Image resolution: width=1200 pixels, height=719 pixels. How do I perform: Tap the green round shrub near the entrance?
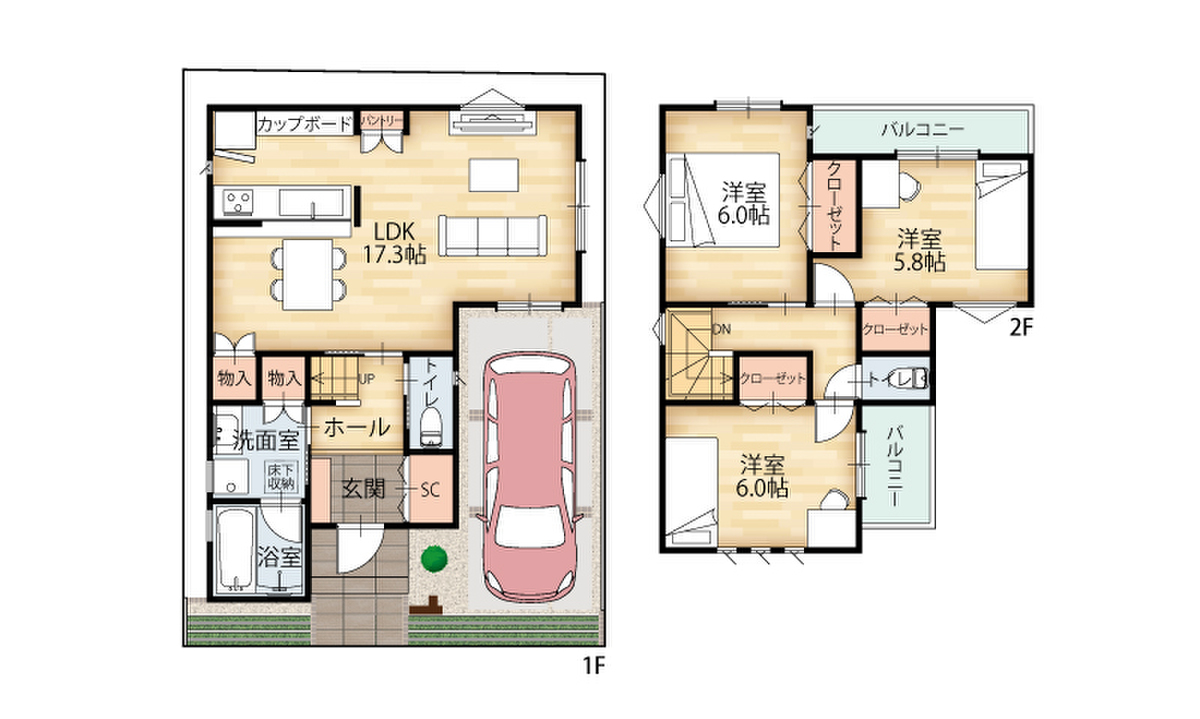point(434,559)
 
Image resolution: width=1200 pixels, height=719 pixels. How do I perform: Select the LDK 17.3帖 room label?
point(395,244)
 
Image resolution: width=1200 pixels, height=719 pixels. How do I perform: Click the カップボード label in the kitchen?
point(304,125)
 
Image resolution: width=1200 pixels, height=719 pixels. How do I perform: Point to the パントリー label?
point(381,121)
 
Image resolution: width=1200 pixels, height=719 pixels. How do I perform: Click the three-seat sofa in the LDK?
point(493,236)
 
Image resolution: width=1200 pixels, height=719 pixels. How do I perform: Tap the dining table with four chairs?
point(308,274)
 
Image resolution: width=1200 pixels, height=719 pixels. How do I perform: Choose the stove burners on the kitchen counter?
point(238,203)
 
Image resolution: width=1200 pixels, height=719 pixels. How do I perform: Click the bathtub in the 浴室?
point(236,549)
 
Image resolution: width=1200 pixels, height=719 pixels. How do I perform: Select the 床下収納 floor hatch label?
point(281,477)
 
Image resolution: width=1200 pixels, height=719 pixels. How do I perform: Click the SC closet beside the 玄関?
point(430,489)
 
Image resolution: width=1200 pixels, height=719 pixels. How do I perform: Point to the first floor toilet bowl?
point(430,427)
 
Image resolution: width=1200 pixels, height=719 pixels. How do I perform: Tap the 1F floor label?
point(594,666)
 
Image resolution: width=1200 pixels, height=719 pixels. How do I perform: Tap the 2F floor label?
point(1021,327)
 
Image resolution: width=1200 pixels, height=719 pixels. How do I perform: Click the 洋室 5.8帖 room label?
point(919,250)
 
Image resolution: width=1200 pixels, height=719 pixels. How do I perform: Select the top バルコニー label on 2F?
point(923,130)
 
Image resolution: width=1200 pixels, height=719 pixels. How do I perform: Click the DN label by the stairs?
point(722,329)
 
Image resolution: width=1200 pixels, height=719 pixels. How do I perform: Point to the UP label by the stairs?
point(366,379)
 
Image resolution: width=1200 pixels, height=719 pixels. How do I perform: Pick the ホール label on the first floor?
point(357,428)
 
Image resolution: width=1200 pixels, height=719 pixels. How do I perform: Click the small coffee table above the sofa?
point(493,175)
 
